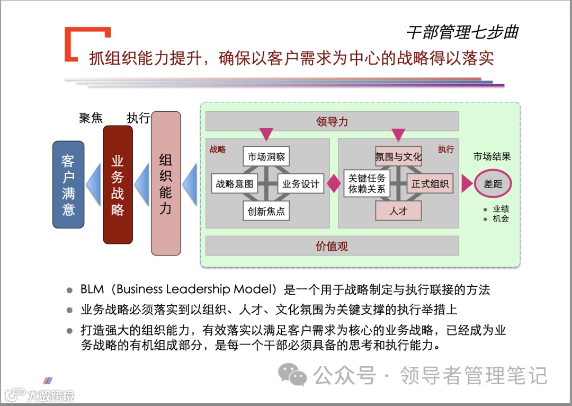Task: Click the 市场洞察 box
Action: (266, 157)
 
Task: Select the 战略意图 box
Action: (235, 184)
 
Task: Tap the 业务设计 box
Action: (301, 184)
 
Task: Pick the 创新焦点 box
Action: (266, 211)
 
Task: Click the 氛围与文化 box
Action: (398, 157)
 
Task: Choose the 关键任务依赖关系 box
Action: (367, 183)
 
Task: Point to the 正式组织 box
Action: (430, 184)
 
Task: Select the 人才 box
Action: (398, 211)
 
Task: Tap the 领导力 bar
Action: (332, 121)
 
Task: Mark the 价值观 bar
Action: (332, 246)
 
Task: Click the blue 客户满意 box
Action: (68, 184)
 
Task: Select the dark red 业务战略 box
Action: (118, 184)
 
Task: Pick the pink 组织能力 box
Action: (166, 183)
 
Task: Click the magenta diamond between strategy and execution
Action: (334, 184)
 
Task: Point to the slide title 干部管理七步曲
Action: (462, 32)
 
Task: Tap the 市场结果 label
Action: (492, 157)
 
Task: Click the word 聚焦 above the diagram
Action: (91, 118)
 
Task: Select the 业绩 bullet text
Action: (501, 209)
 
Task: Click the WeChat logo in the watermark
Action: (293, 375)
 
